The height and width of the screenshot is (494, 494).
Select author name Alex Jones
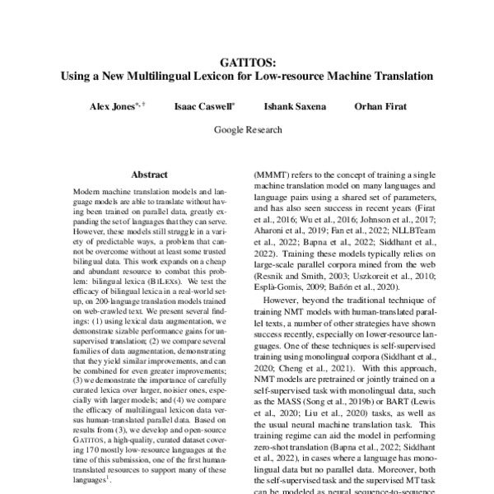112,107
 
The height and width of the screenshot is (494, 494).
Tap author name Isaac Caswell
203,107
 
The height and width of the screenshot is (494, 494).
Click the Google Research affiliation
247,129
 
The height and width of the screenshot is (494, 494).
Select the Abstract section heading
149,175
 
